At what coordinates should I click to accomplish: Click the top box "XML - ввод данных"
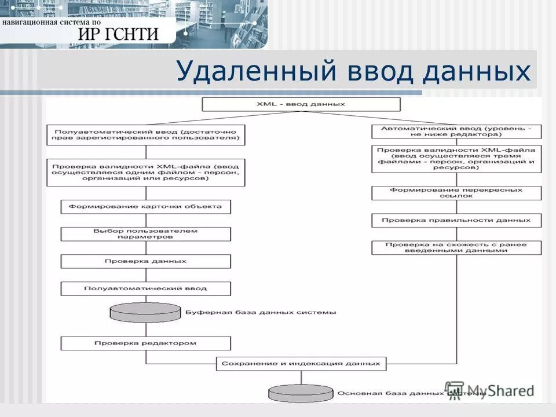(301, 104)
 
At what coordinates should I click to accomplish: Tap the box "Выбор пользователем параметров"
(145, 234)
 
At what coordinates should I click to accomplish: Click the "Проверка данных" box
(145, 261)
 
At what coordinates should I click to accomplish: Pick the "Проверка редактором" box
(145, 343)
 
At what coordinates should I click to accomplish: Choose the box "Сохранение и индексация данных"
(301, 364)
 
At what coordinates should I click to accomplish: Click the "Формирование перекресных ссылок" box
(456, 193)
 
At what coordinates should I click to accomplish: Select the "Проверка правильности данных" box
(456, 221)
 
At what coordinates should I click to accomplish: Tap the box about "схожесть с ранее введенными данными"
(456, 248)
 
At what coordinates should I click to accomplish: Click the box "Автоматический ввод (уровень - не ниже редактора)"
(456, 131)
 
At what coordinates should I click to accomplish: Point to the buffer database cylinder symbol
(145, 313)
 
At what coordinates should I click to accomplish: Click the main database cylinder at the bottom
(301, 393)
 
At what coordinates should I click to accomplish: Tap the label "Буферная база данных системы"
(260, 313)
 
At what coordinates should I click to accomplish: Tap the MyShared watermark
(489, 390)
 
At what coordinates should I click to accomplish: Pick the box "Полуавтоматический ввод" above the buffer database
(145, 288)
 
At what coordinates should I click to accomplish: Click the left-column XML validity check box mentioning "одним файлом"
(145, 172)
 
